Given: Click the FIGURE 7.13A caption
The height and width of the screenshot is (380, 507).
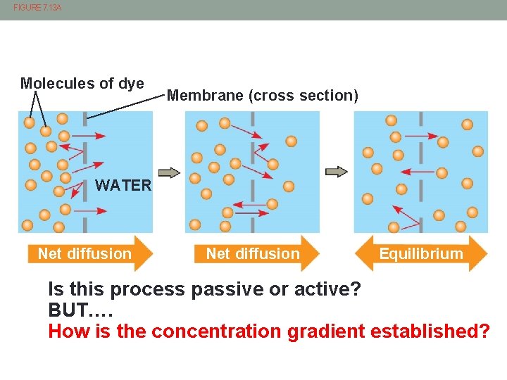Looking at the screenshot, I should tap(37, 7).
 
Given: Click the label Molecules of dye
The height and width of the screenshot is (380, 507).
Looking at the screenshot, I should tap(82, 84).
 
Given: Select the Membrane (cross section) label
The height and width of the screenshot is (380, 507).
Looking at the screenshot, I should tap(262, 96).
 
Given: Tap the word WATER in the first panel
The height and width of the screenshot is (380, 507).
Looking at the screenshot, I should tap(123, 186).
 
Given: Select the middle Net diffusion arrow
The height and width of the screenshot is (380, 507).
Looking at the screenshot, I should tap(257, 254).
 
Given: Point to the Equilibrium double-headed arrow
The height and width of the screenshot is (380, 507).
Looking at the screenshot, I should tap(421, 254).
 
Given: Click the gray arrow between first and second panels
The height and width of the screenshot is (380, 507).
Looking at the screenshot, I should tap(169, 172).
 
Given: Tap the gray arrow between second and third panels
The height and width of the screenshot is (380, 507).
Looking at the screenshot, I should tap(337, 172).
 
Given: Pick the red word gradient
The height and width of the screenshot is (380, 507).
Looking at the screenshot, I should tap(330, 331).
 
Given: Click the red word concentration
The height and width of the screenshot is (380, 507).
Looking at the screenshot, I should tap(220, 331).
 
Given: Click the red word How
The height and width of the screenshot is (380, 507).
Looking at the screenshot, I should tap(66, 331).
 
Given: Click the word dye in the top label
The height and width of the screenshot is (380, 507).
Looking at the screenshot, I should tap(131, 84).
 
